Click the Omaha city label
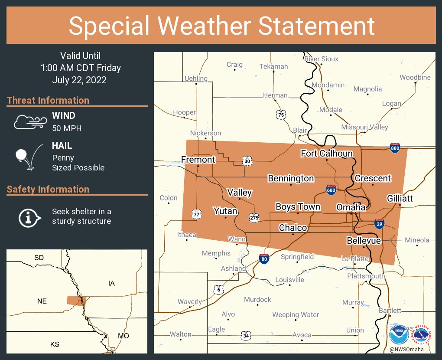(x=351, y=208)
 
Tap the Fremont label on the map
(x=198, y=160)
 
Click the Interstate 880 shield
(x=394, y=147)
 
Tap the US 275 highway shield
(x=254, y=218)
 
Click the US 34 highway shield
(x=246, y=335)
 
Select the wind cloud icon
(x=29, y=122)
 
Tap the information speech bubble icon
(x=29, y=217)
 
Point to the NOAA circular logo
(x=398, y=334)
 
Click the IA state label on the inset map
(x=111, y=283)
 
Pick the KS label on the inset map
(x=55, y=344)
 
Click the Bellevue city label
(x=364, y=241)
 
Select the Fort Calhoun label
(x=327, y=154)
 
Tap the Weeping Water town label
(x=296, y=314)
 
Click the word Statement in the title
(x=316, y=26)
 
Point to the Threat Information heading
(x=48, y=100)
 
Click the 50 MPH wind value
(x=67, y=128)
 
